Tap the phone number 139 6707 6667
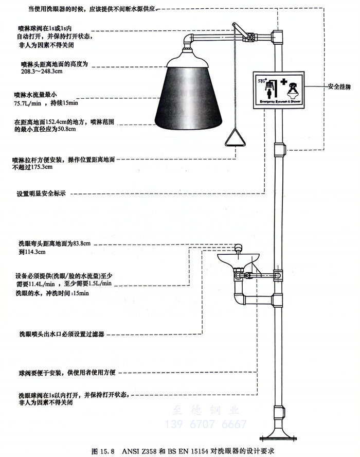click(x=205, y=424)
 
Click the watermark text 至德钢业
click(x=205, y=411)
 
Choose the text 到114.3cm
click(x=32, y=252)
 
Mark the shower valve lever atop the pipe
click(x=240, y=29)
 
